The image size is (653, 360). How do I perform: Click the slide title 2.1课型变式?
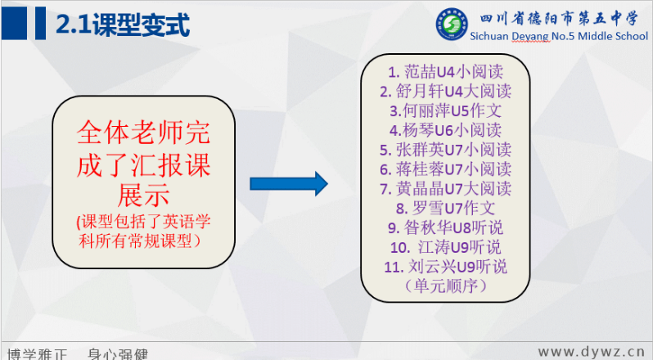click(123, 25)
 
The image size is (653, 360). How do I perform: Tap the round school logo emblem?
click(452, 25)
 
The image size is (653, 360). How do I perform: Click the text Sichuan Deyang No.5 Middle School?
click(559, 36)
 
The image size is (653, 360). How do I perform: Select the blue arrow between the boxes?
click(289, 183)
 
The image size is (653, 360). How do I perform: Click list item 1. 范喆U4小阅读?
click(445, 72)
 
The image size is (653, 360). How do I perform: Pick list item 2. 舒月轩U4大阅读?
click(445, 92)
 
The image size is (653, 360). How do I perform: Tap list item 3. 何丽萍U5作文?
click(445, 111)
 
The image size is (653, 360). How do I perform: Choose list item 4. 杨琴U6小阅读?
click(445, 131)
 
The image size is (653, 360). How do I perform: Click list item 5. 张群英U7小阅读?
click(445, 150)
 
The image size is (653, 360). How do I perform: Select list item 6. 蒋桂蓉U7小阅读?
click(445, 169)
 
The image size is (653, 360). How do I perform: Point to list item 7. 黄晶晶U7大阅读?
click(445, 189)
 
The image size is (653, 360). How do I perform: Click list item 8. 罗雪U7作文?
click(445, 209)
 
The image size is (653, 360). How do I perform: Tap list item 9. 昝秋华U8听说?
click(445, 228)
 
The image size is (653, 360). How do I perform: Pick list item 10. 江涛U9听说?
click(445, 248)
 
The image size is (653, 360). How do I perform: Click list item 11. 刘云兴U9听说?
click(445, 267)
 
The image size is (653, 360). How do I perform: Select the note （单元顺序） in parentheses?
click(445, 286)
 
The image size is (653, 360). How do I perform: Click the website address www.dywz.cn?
click(592, 352)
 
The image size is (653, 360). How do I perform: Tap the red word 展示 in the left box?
click(144, 195)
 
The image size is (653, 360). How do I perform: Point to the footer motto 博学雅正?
click(37, 354)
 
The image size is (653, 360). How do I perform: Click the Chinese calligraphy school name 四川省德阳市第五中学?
click(559, 19)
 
